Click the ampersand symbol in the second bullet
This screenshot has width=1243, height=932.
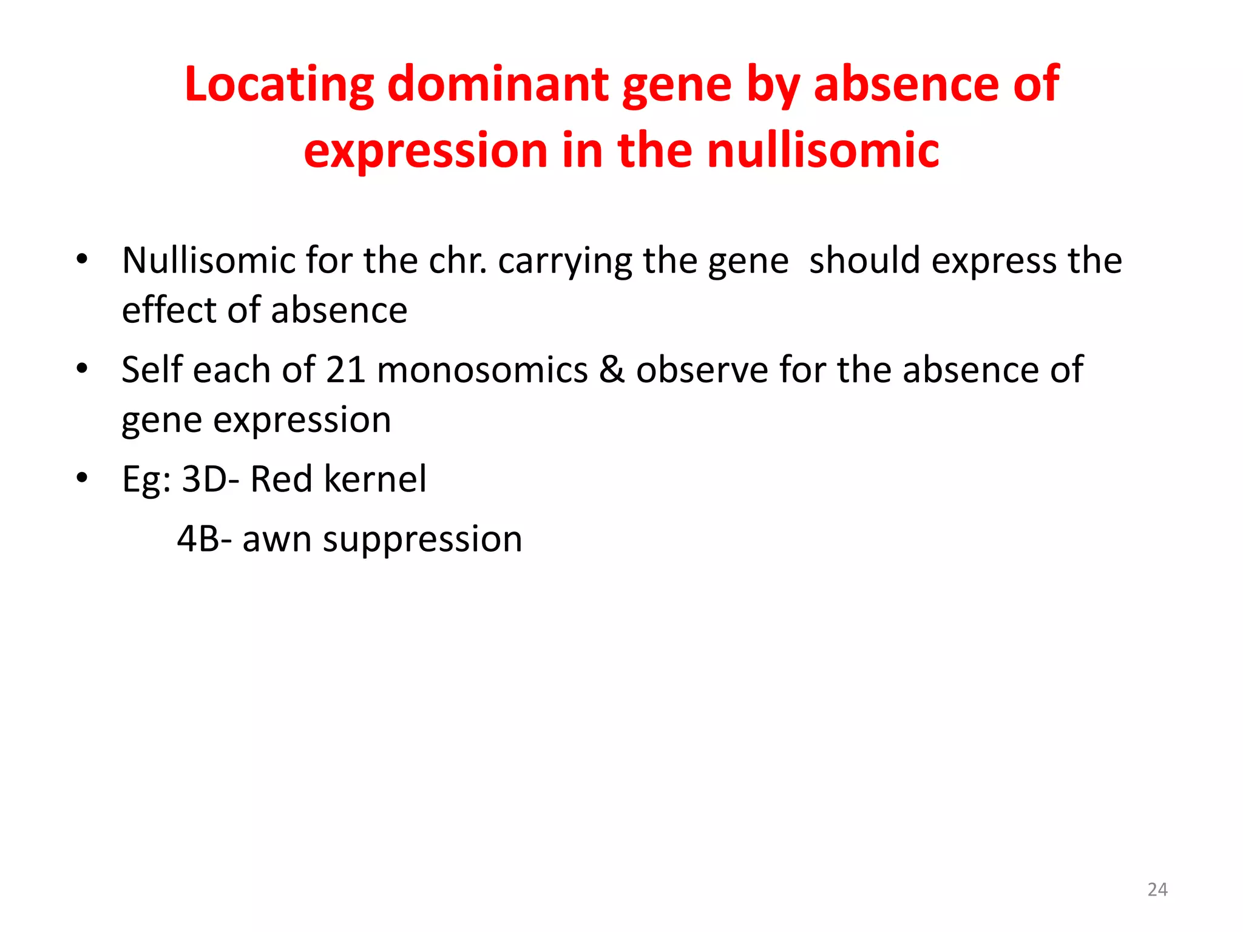click(x=612, y=370)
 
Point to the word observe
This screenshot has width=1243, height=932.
click(x=701, y=370)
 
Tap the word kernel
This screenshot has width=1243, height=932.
click(x=375, y=479)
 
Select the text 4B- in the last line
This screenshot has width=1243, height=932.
click(x=205, y=539)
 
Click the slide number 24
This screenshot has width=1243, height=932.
click(x=1157, y=890)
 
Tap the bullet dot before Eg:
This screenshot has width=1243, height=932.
click(x=83, y=478)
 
